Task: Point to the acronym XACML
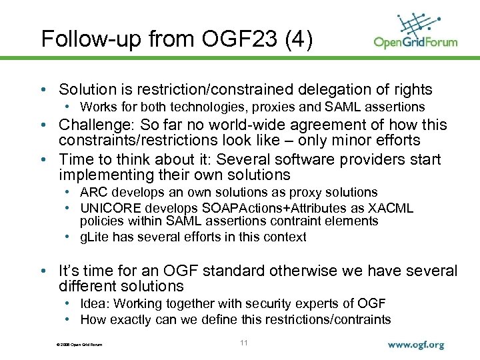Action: point(391,209)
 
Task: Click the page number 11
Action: point(243,343)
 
